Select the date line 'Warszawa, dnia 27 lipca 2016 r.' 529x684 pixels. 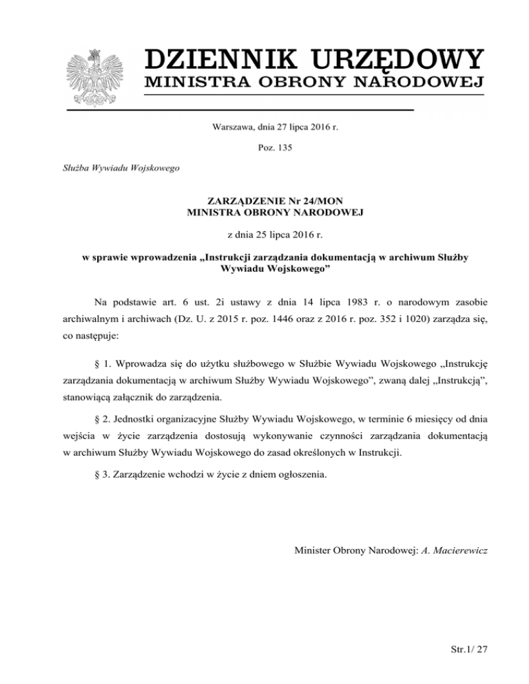[264, 127]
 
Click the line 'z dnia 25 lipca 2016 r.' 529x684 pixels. [264, 235]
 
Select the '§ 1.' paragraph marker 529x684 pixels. [98, 360]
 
